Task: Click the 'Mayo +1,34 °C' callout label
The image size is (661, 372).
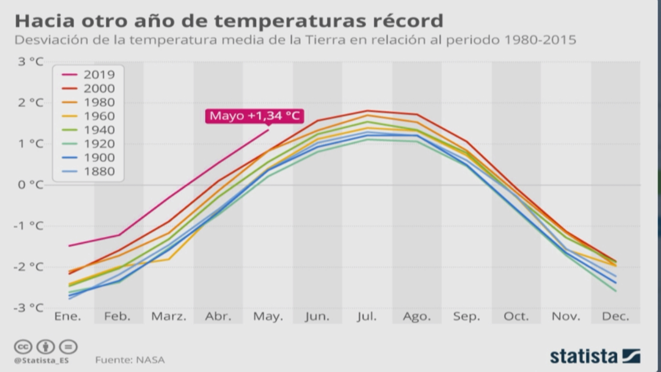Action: (x=255, y=116)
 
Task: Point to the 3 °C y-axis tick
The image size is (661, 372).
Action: (x=31, y=62)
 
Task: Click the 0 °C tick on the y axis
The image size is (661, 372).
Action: (x=31, y=185)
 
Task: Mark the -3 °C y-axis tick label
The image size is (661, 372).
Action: (x=29, y=308)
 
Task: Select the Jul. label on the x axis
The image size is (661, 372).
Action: (x=367, y=316)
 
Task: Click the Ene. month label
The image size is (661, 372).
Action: (x=68, y=316)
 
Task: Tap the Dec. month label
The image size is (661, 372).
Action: (x=615, y=316)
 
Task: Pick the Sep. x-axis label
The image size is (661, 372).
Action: (x=466, y=316)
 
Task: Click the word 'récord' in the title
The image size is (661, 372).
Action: (x=408, y=21)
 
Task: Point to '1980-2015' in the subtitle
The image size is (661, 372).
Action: (x=540, y=40)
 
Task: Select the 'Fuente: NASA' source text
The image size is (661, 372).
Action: (x=130, y=360)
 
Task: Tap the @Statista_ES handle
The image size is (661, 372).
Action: (x=41, y=361)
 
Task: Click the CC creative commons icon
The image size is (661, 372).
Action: (x=23, y=347)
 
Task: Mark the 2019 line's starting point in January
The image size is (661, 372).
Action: (x=69, y=246)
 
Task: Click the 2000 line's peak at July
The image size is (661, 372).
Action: (x=367, y=111)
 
